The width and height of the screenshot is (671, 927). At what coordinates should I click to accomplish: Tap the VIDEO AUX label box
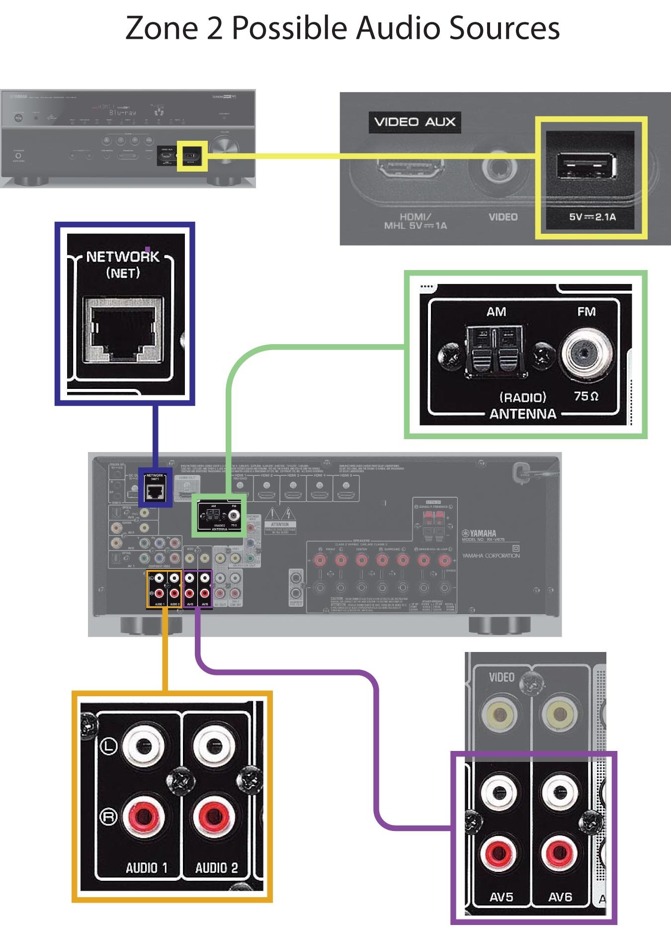[415, 122]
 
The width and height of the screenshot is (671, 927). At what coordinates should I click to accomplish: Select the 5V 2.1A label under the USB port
[592, 217]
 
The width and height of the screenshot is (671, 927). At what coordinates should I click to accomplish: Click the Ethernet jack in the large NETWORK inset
[123, 329]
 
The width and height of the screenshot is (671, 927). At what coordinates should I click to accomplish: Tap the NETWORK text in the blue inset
[123, 257]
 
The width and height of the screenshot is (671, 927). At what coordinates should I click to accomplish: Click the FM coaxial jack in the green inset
[587, 354]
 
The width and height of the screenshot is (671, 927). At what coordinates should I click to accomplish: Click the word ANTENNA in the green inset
[522, 414]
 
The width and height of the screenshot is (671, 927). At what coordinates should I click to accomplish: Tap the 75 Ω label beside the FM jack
[586, 396]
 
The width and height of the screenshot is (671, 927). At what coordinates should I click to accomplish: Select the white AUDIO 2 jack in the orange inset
[214, 746]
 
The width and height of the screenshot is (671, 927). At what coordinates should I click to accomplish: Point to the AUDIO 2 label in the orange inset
[216, 868]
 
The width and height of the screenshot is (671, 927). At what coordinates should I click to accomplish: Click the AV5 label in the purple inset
[501, 897]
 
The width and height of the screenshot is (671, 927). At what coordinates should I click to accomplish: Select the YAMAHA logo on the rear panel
[479, 533]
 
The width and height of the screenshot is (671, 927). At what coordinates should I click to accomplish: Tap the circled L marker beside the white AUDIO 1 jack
[109, 745]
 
